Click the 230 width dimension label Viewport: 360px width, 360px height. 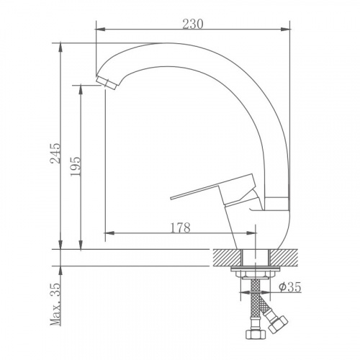193,24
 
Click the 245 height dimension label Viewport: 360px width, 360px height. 55,153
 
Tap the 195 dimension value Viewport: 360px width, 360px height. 75,166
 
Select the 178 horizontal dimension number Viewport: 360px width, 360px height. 180,228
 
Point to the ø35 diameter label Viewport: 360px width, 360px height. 289,287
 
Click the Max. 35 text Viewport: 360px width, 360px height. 55,305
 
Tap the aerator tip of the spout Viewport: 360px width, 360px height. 107,83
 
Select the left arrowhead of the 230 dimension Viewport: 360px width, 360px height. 100,30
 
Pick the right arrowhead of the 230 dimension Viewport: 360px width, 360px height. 286,30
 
